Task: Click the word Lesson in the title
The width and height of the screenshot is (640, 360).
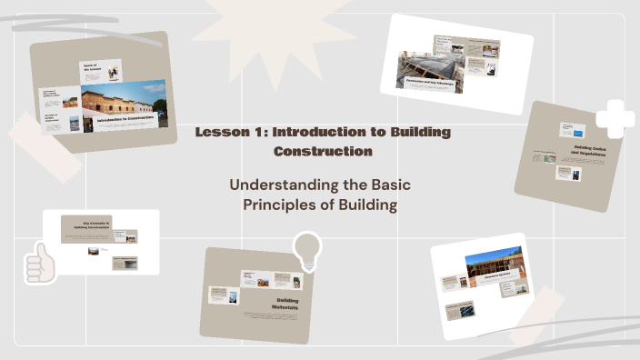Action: coord(219,133)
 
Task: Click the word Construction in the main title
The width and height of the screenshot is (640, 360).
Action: coord(323,151)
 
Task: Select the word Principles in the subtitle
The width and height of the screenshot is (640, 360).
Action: coord(278,205)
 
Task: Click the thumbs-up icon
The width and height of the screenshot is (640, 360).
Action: coord(40,263)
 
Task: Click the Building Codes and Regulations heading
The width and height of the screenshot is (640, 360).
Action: coord(591,150)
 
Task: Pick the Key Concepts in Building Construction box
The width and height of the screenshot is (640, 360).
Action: coord(86,227)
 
